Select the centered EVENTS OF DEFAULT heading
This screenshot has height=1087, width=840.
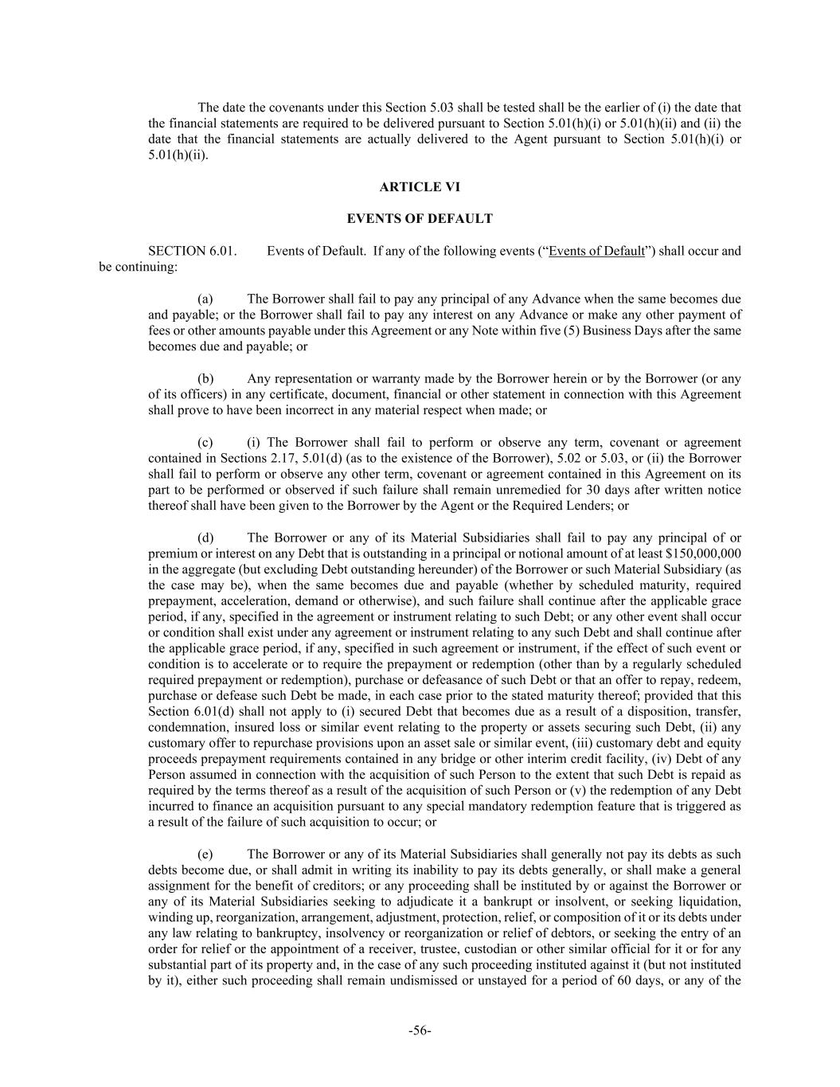[420, 218]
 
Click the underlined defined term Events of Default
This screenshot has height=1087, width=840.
[596, 251]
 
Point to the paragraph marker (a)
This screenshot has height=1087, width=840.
[205, 299]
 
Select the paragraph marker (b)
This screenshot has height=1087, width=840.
[205, 378]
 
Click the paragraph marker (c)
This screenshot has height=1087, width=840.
[205, 442]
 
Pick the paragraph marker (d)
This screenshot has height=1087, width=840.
[205, 538]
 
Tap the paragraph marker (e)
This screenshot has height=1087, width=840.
[205, 854]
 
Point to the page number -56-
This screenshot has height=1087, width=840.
[420, 1030]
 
